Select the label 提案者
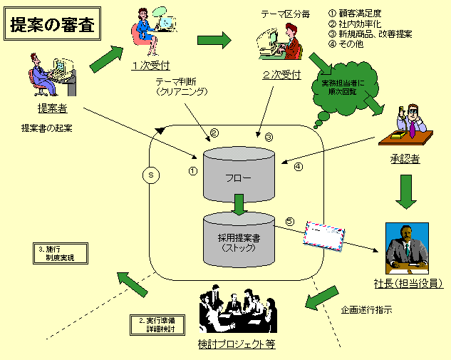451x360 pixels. (52, 108)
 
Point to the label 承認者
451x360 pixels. (405, 158)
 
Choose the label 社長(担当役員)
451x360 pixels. (408, 283)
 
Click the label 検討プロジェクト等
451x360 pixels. (237, 345)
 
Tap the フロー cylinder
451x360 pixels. (238, 174)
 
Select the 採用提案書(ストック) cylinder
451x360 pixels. (238, 237)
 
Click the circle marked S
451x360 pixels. (150, 174)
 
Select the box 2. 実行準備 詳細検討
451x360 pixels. (157, 325)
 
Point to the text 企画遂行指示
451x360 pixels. (366, 309)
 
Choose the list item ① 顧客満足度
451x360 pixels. (357, 13)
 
